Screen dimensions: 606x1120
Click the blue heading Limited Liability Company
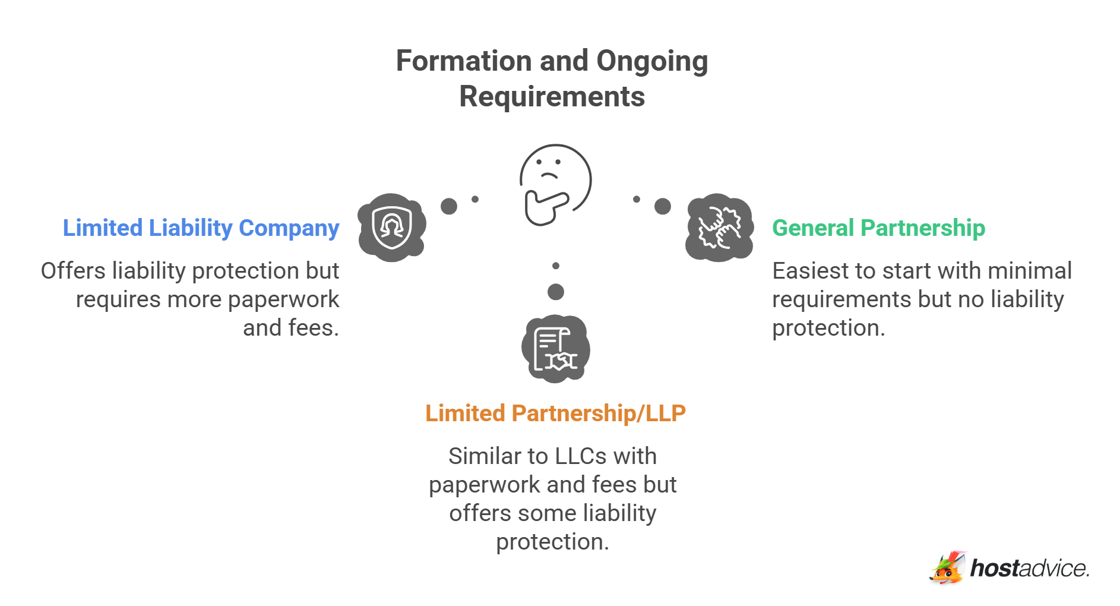[201, 228]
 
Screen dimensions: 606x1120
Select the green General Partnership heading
[878, 228]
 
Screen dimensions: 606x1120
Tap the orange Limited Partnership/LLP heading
[555, 414]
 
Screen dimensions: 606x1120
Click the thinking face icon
[555, 184]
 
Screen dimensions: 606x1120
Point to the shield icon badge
[391, 228]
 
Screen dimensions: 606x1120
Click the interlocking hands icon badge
[719, 228]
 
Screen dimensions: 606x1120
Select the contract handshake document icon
[555, 349]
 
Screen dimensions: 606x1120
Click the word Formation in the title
[464, 61]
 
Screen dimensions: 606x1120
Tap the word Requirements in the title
[552, 97]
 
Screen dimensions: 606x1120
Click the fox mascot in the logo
[947, 569]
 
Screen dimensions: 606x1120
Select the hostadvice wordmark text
[1029, 569]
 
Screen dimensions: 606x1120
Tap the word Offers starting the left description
[72, 271]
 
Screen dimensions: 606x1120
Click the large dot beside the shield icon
[449, 206]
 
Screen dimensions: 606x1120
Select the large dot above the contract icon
[556, 292]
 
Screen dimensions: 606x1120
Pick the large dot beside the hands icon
[663, 206]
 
